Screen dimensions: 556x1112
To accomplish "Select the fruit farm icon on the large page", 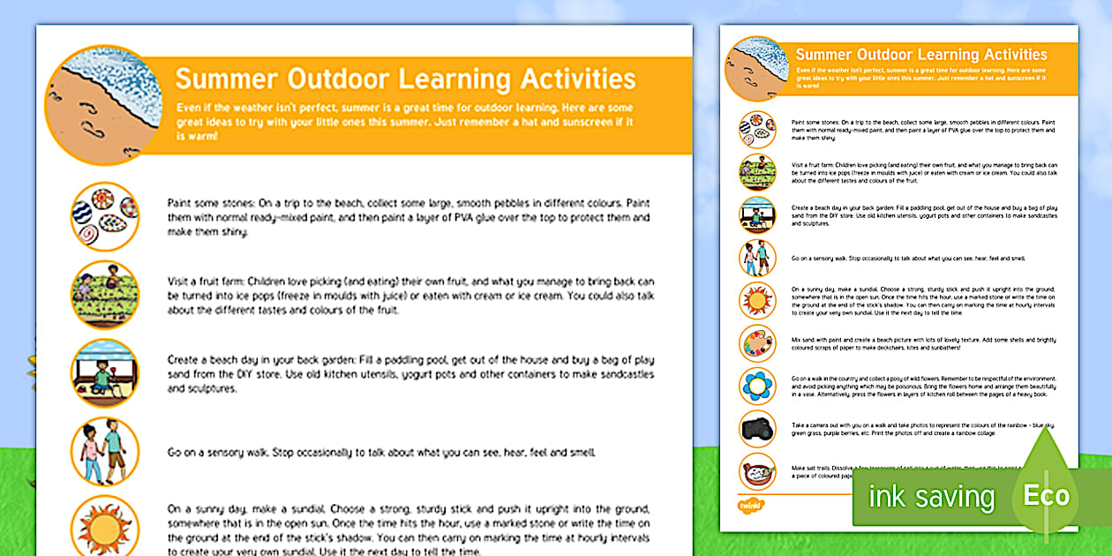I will (104, 295).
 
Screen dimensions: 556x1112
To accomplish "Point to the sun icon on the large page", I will (104, 528).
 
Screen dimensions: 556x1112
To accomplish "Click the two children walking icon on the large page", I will (104, 451).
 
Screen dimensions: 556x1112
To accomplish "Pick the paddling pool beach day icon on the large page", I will (104, 372).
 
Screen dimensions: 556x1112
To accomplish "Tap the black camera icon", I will (757, 428).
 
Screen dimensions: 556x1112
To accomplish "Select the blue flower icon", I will (757, 386).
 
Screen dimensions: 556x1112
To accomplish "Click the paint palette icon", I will (757, 342).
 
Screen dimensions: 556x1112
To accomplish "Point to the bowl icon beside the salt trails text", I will (757, 470).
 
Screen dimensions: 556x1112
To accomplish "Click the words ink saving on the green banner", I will (931, 496).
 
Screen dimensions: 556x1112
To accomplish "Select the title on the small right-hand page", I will (921, 55).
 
